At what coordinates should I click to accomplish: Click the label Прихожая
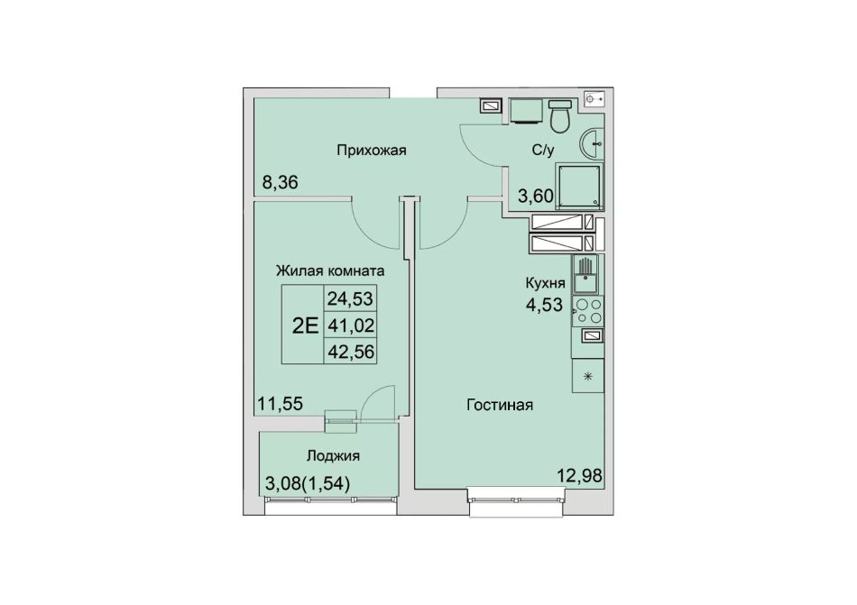[371, 151]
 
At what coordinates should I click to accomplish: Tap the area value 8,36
[281, 182]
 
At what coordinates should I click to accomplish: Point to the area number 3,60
[536, 196]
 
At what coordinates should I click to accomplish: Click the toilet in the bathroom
[559, 115]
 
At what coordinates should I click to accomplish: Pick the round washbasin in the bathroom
[592, 144]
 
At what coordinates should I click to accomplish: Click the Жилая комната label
[330, 270]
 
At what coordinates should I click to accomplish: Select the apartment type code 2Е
[305, 325]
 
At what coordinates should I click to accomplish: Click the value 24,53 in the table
[350, 298]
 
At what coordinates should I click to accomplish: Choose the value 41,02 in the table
[350, 325]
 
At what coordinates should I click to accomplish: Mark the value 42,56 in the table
[350, 352]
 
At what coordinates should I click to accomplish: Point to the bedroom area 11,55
[280, 404]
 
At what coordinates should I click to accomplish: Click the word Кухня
[545, 283]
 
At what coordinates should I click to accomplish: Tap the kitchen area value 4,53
[544, 305]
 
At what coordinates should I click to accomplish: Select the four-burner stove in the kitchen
[588, 311]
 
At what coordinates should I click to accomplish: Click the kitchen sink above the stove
[585, 275]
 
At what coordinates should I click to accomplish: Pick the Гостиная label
[500, 405]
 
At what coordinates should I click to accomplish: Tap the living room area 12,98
[579, 475]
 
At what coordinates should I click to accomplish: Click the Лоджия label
[333, 456]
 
